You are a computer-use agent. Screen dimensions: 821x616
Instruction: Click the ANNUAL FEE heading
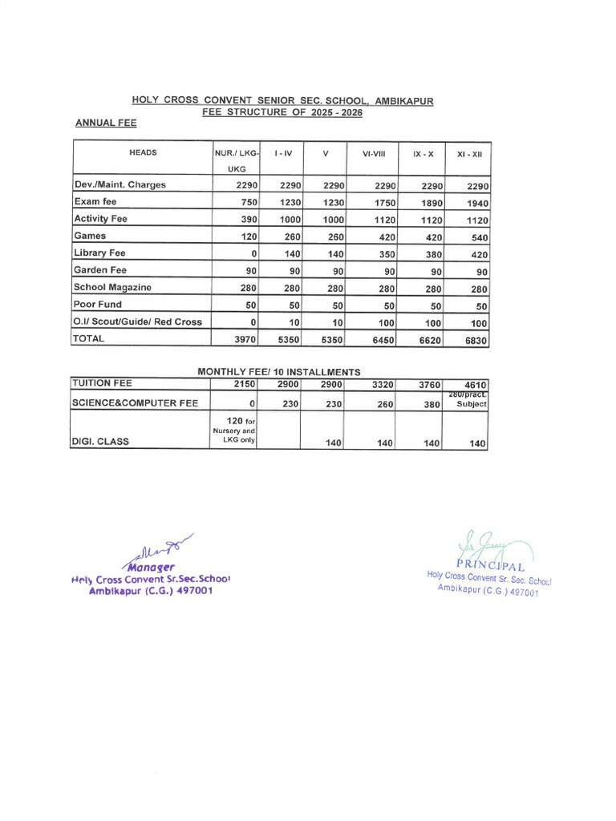tap(105, 123)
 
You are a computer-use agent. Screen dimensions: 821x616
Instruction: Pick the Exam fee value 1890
tap(432, 204)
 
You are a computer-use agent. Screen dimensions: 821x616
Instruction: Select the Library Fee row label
tap(99, 253)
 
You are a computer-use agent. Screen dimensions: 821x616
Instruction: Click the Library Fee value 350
tap(385, 255)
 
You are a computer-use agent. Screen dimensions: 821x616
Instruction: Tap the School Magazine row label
tap(112, 287)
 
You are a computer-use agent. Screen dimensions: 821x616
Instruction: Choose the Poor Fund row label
tap(98, 304)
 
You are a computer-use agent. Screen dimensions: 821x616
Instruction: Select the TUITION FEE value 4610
tap(474, 386)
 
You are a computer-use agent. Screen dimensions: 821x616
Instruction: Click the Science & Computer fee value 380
tap(432, 405)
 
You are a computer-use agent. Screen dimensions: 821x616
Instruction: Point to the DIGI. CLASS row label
tap(100, 441)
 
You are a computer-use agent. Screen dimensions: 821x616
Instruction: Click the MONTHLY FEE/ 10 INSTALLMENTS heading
tap(278, 372)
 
